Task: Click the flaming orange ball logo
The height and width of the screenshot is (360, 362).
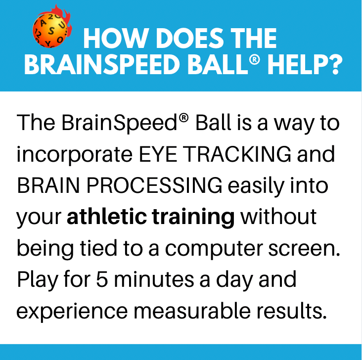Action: [x=52, y=28]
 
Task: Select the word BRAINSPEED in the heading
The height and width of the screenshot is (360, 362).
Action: [x=102, y=65]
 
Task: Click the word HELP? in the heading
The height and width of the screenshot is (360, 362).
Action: [x=305, y=65]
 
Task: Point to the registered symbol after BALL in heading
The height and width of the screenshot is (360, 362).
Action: [x=254, y=60]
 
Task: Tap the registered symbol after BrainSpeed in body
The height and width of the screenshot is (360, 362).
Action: [x=183, y=118]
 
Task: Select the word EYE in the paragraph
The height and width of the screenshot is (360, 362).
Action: [x=158, y=154]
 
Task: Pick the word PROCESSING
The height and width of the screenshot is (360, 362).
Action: [x=154, y=185]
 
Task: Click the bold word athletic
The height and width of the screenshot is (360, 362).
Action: [x=107, y=217]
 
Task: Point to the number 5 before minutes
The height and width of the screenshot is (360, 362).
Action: [x=102, y=279]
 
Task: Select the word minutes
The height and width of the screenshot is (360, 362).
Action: [x=154, y=279]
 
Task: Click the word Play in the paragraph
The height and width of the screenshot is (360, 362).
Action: [x=38, y=280]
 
